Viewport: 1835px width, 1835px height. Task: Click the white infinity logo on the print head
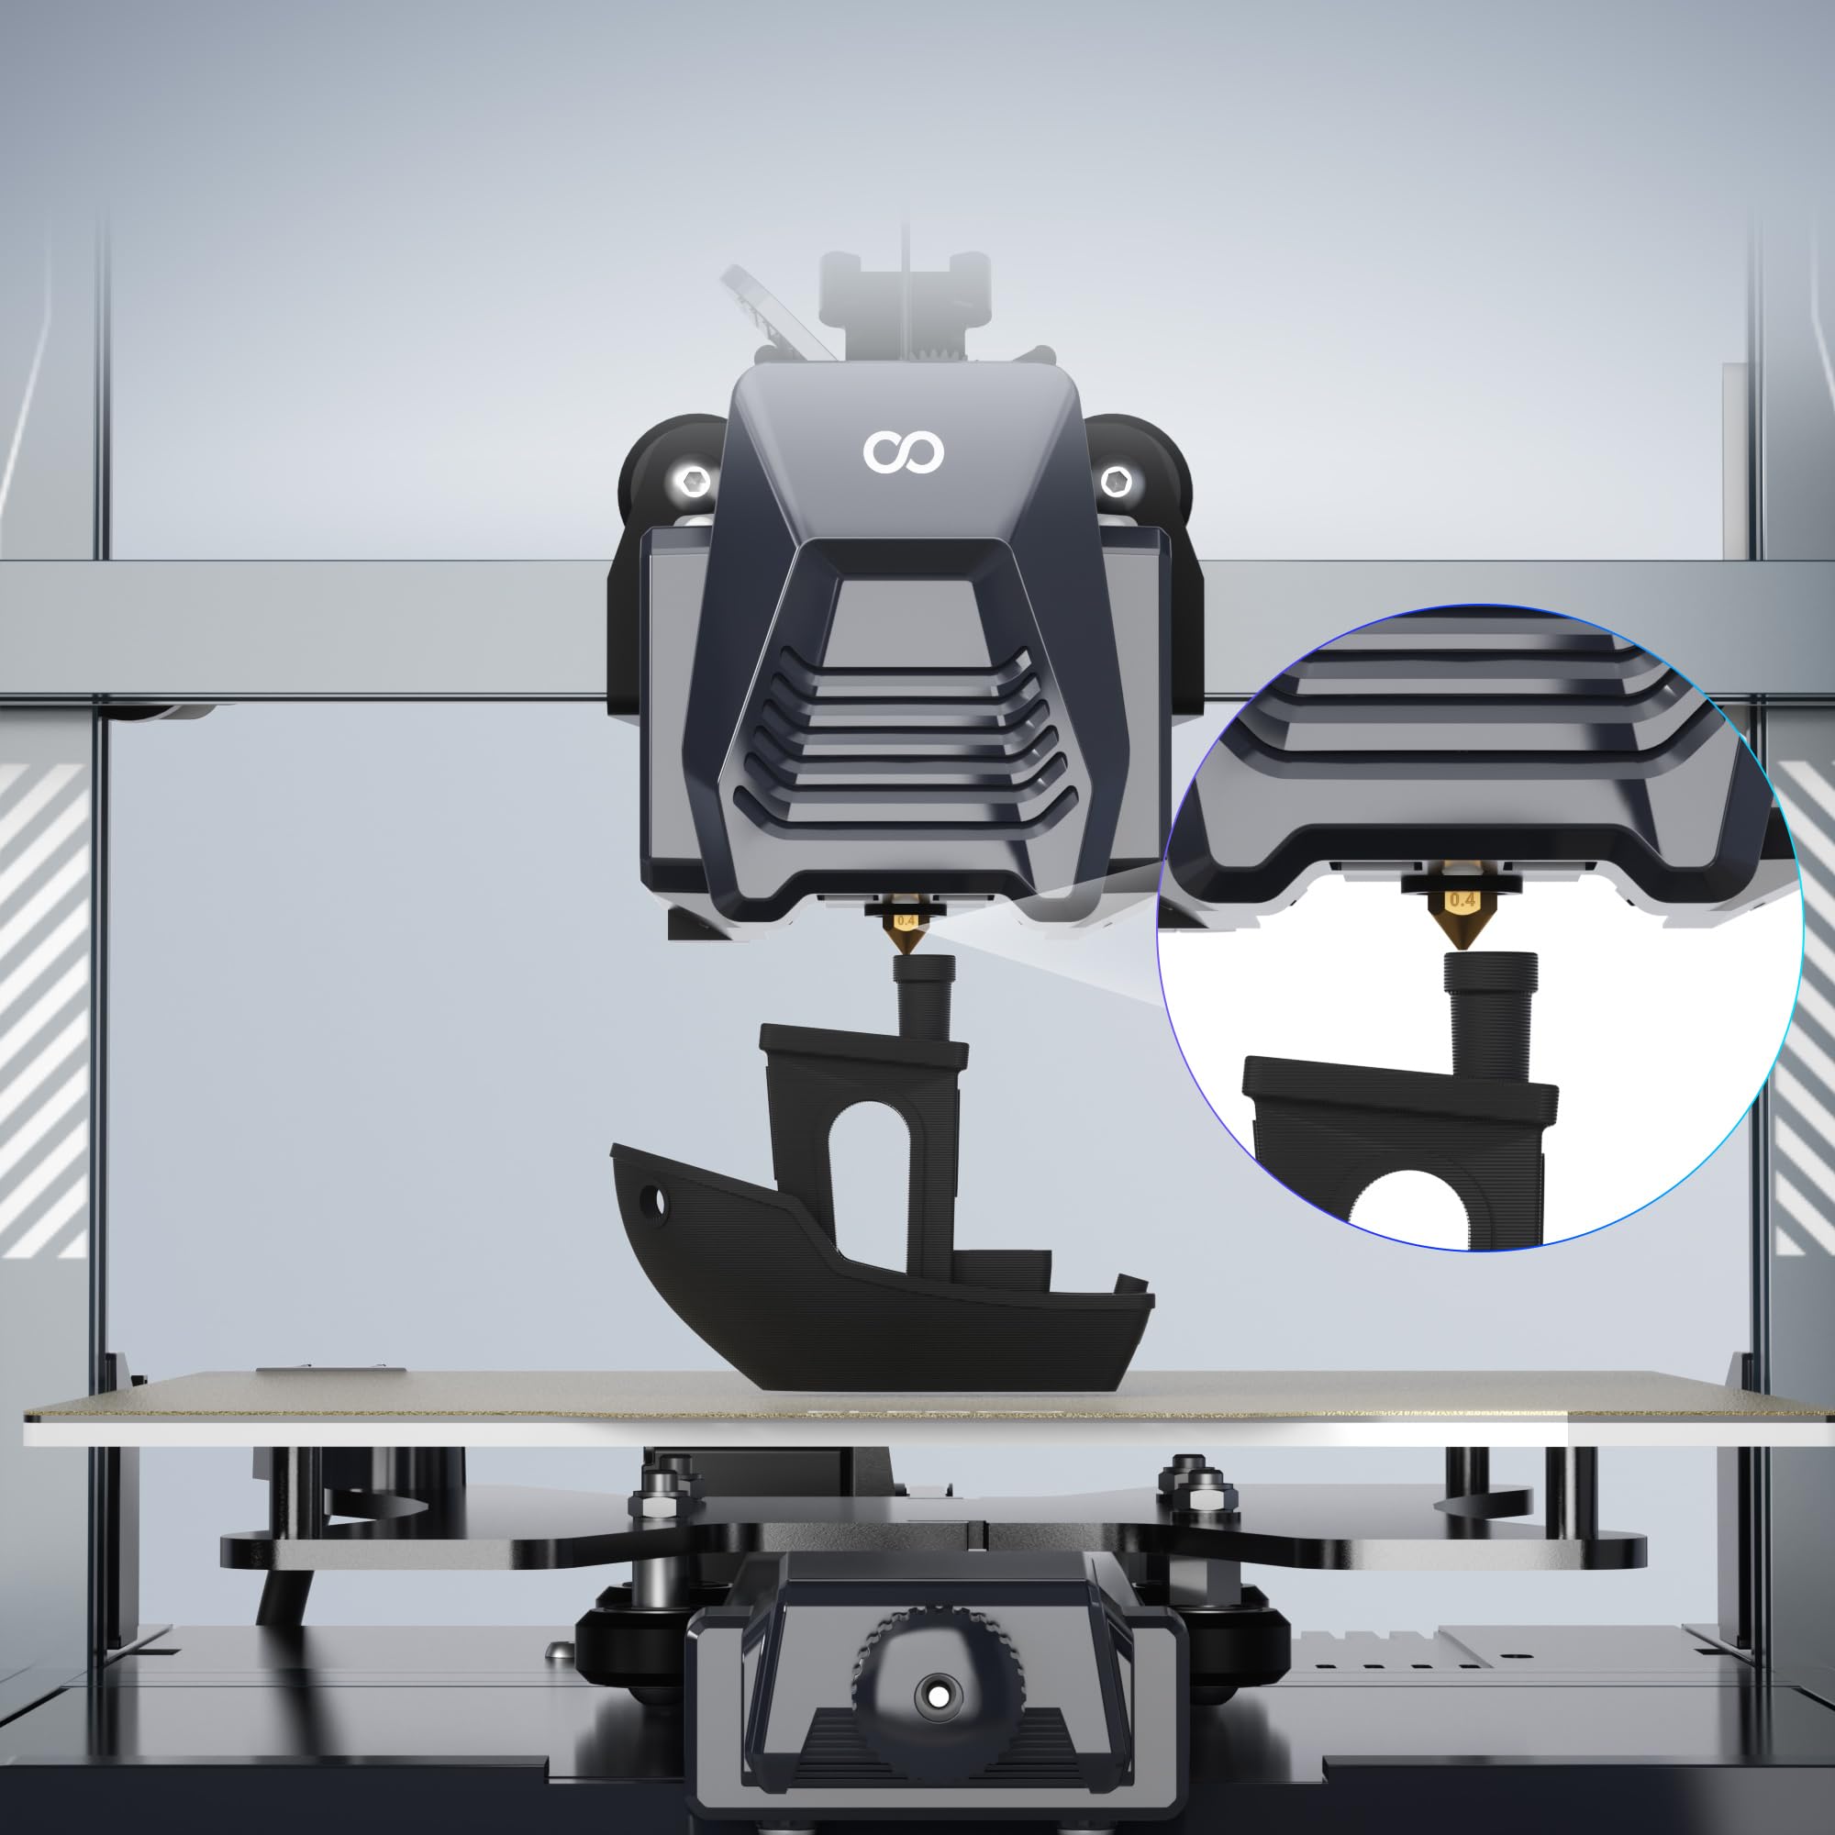(x=902, y=452)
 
